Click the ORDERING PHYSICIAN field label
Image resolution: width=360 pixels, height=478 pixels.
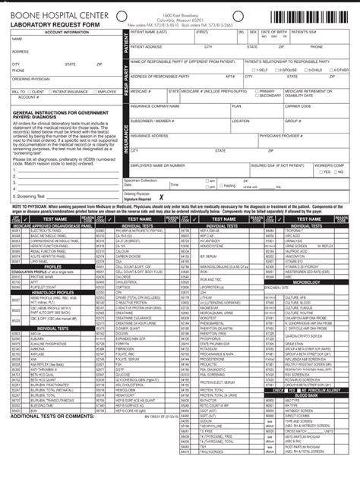coord(30,78)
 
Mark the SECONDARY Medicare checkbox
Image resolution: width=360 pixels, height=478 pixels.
coord(252,96)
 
